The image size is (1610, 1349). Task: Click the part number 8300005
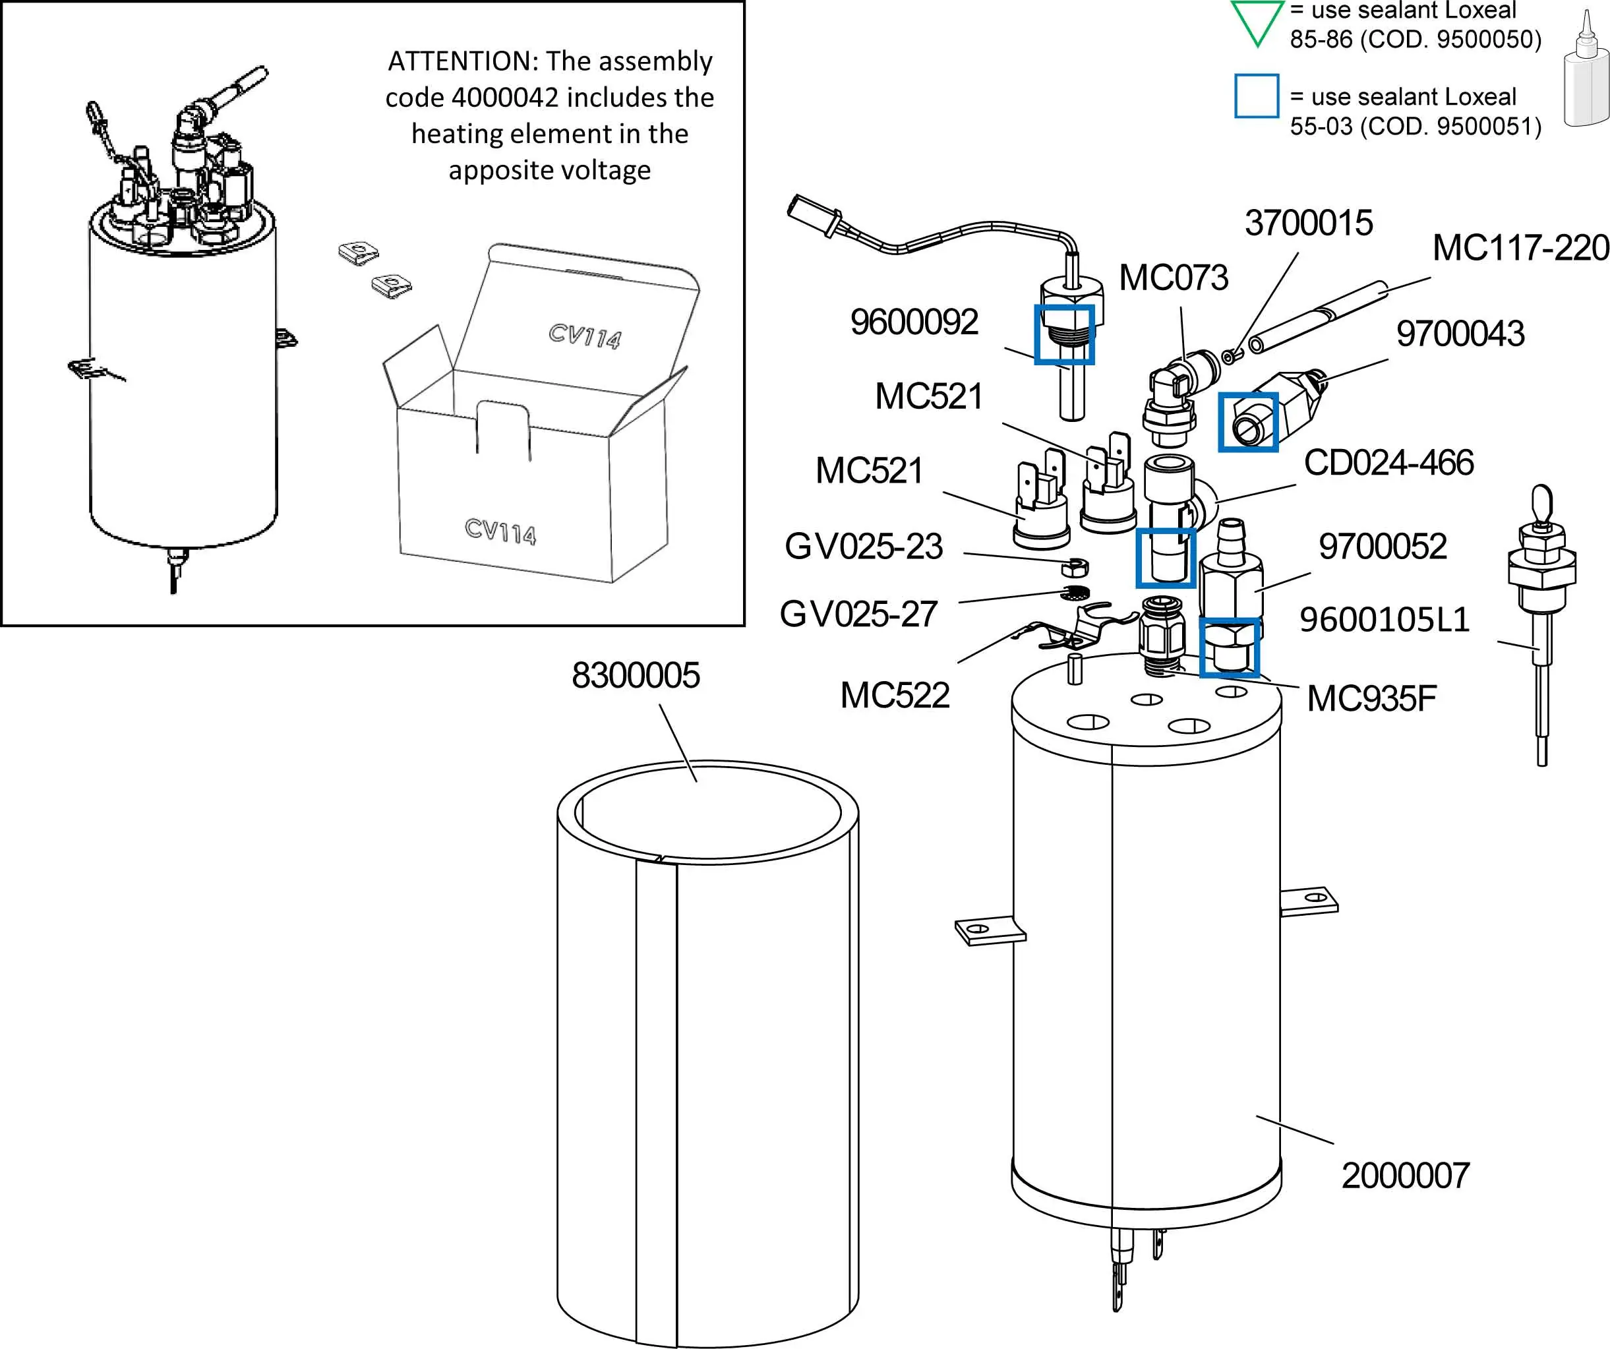click(x=636, y=676)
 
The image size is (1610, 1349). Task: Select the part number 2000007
click(x=1406, y=1176)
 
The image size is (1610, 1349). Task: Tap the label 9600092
click(x=914, y=322)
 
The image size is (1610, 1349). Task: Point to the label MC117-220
click(x=1520, y=248)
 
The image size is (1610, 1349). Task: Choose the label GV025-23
click(x=863, y=547)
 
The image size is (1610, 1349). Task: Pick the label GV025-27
click(x=858, y=615)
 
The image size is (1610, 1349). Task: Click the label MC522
click(x=895, y=696)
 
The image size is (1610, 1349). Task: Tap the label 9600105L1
click(x=1385, y=620)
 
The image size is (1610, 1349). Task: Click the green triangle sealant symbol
click(x=1257, y=20)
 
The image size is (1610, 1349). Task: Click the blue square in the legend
click(x=1257, y=96)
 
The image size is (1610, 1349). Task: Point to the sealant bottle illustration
click(x=1586, y=73)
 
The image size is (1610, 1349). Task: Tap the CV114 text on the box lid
click(x=584, y=336)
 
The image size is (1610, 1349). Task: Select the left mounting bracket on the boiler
click(x=988, y=932)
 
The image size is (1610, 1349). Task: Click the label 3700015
click(x=1309, y=223)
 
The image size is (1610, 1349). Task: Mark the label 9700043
click(x=1460, y=334)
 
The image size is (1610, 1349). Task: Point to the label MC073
click(x=1173, y=278)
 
